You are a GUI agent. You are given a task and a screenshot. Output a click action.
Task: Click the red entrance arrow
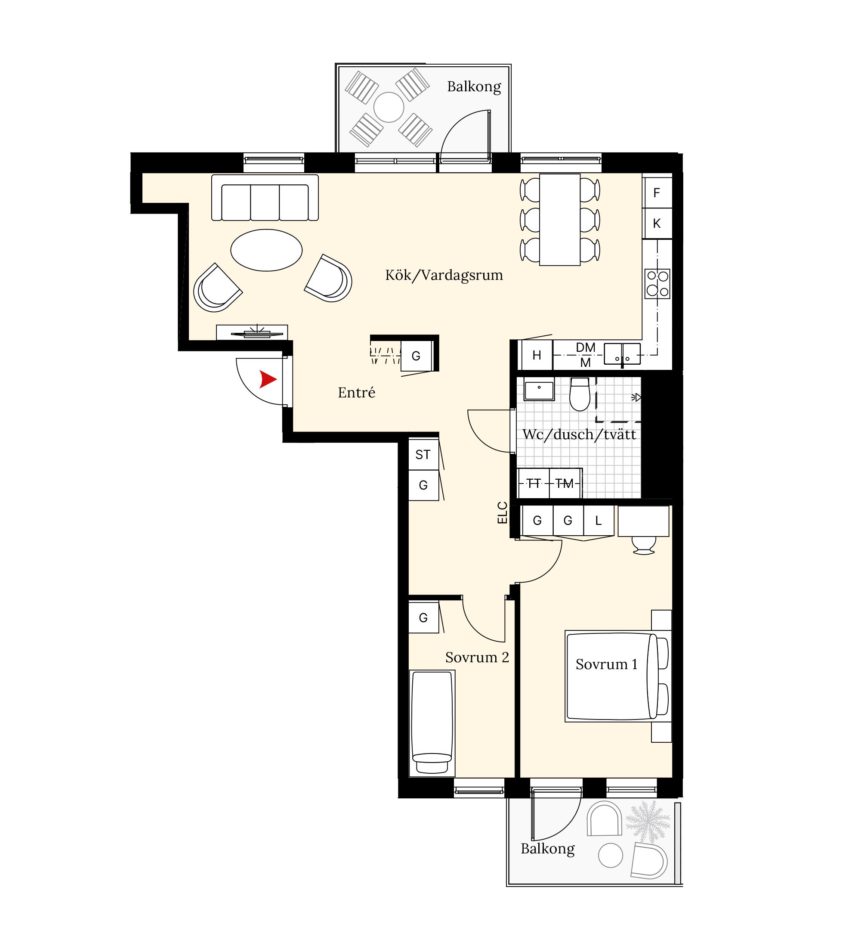pyautogui.click(x=267, y=379)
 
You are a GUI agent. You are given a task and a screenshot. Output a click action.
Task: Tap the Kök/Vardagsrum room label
pyautogui.click(x=444, y=275)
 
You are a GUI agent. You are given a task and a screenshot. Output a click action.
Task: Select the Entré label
pyautogui.click(x=356, y=392)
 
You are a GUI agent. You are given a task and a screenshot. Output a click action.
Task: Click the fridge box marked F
pyautogui.click(x=657, y=192)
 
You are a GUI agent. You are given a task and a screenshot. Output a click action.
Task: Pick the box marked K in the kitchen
pyautogui.click(x=657, y=223)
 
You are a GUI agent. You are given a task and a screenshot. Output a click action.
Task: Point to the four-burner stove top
pyautogui.click(x=657, y=283)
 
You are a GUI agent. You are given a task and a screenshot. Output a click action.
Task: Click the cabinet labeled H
pyautogui.click(x=537, y=355)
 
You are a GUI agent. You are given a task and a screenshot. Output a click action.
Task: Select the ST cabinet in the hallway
pyautogui.click(x=423, y=454)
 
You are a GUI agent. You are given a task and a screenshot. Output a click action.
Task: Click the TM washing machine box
pyautogui.click(x=565, y=483)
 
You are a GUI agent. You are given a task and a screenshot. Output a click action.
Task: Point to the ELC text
pyautogui.click(x=502, y=513)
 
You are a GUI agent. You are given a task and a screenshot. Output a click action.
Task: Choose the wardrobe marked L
pyautogui.click(x=599, y=521)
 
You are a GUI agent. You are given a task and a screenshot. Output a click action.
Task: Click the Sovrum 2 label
pyautogui.click(x=477, y=658)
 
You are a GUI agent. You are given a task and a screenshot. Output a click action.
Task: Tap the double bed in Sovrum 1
pyautogui.click(x=617, y=676)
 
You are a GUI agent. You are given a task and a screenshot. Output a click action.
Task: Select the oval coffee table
pyautogui.click(x=266, y=250)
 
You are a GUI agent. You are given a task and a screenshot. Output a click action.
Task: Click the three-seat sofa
pyautogui.click(x=265, y=198)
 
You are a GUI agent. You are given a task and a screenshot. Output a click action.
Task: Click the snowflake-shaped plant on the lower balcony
pyautogui.click(x=648, y=822)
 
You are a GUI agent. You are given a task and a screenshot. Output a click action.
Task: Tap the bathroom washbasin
pyautogui.click(x=539, y=390)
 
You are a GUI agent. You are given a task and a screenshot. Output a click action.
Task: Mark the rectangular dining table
pyautogui.click(x=560, y=220)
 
